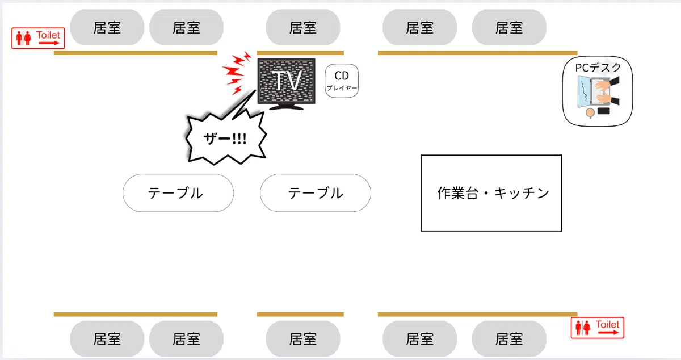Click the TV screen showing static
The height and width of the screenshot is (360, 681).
(287, 81)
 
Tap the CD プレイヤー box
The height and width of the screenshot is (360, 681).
(342, 81)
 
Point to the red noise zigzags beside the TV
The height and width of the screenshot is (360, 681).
(237, 73)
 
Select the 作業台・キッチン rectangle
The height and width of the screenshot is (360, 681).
(491, 193)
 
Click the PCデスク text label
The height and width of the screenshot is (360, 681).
(598, 68)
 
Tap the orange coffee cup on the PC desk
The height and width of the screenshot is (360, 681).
(590, 113)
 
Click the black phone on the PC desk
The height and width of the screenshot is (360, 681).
(603, 111)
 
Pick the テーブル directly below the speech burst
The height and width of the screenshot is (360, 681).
(178, 193)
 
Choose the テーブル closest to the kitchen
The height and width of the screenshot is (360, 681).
(316, 193)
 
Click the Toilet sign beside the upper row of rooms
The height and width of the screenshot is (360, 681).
(38, 38)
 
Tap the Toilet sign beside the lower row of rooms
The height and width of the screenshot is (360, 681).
(598, 328)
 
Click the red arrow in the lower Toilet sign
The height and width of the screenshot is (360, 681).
(608, 332)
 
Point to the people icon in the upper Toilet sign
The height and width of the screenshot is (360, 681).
(24, 38)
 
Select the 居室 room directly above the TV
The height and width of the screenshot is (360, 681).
(303, 27)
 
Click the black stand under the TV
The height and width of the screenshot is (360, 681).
(286, 107)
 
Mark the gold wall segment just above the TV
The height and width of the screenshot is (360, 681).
(300, 53)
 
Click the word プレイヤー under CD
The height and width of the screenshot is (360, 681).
(342, 88)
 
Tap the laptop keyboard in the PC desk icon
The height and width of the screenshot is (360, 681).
(600, 91)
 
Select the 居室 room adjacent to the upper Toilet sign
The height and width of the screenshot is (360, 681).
(107, 27)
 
